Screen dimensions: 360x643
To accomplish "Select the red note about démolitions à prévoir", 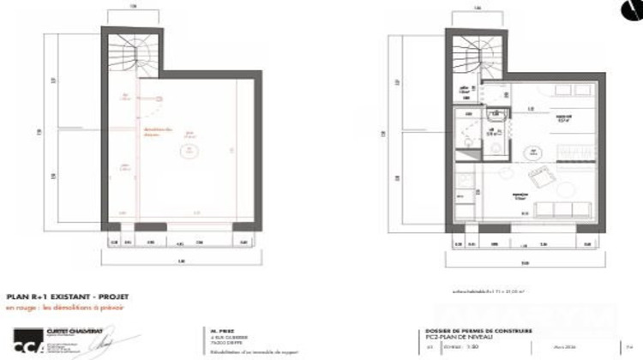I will [65, 307].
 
